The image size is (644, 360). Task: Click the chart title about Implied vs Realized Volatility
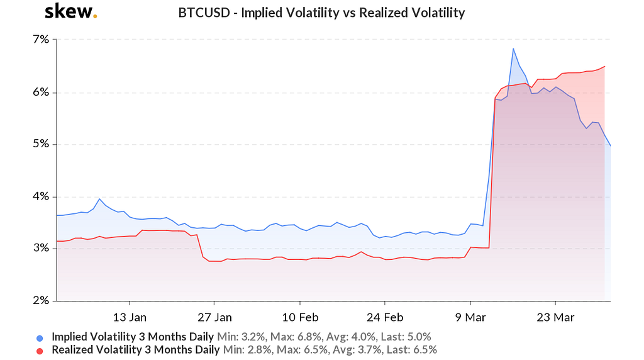(x=321, y=13)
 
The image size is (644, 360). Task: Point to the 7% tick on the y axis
(x=41, y=40)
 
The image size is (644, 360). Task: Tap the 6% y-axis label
(x=41, y=92)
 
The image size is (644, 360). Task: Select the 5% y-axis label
(x=41, y=144)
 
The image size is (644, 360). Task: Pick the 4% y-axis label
(x=41, y=196)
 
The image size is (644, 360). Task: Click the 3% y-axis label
(x=41, y=249)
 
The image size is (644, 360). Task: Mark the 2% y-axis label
(x=41, y=301)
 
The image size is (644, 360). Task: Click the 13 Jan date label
(x=130, y=316)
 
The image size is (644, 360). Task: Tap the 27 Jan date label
(x=214, y=316)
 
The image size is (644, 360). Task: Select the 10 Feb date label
(x=299, y=316)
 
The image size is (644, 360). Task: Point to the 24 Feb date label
(x=385, y=316)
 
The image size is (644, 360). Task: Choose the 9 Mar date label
(x=470, y=316)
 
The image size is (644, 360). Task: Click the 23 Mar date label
(x=555, y=316)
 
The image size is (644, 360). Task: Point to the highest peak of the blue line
(x=513, y=48)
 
